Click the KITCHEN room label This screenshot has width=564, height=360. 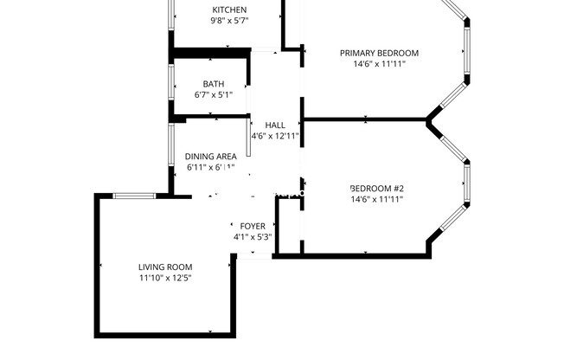(229, 10)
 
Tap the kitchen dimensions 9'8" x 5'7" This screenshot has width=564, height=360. (229, 22)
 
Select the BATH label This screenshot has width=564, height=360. (213, 84)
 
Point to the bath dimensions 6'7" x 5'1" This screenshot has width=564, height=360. (213, 95)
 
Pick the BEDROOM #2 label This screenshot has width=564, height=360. (378, 188)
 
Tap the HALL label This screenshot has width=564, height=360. (275, 125)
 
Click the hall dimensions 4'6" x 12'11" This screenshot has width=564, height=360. (275, 136)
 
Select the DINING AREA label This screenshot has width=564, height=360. (211, 157)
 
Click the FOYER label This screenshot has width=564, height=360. (253, 226)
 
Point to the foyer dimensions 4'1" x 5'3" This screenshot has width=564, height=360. (253, 237)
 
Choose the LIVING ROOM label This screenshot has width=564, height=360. (165, 267)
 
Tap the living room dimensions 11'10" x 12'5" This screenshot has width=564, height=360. (165, 278)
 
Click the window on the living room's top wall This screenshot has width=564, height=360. (135, 196)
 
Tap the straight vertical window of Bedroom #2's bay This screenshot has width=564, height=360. (467, 187)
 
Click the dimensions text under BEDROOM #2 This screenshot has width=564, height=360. (378, 199)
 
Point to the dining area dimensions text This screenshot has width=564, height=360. (210, 168)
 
